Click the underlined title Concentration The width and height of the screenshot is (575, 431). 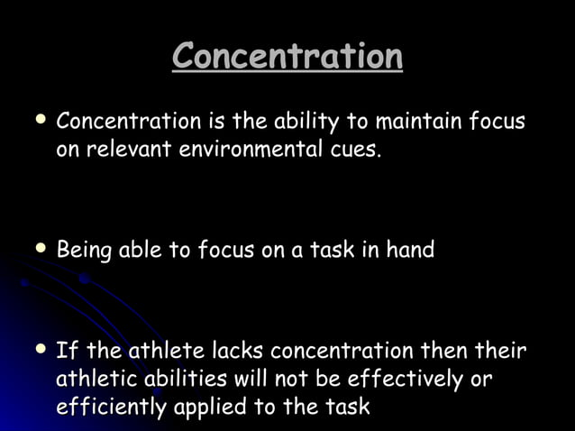[x=287, y=57]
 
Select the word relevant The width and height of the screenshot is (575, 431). [x=119, y=149]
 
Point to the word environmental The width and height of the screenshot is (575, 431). [x=242, y=149]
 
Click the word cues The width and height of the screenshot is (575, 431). [x=353, y=149]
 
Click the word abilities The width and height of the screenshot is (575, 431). [x=184, y=378]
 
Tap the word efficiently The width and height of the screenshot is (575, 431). [x=111, y=407]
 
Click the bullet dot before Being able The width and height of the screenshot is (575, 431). [x=41, y=248]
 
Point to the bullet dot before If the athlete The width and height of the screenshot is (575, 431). [x=41, y=348]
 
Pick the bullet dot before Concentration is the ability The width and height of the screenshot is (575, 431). [x=41, y=119]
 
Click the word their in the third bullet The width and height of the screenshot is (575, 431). [x=503, y=350]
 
